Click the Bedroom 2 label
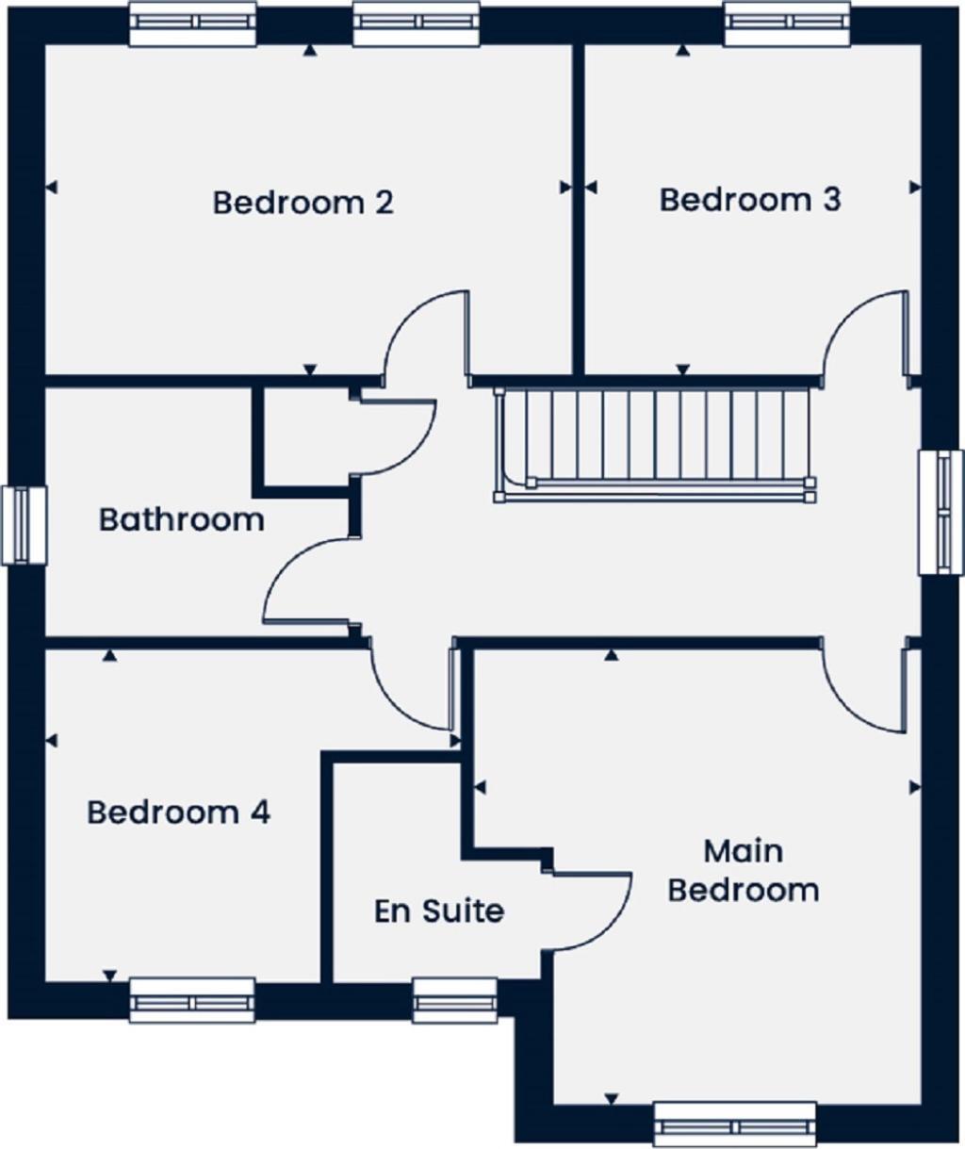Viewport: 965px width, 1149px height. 303,203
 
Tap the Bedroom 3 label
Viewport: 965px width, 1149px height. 749,200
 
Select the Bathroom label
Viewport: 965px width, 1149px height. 181,519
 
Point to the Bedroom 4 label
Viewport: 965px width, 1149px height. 178,812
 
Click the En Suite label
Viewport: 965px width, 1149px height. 439,911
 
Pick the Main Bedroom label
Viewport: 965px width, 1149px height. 743,871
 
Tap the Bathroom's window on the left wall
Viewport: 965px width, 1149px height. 24,525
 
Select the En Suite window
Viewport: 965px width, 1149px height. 455,1000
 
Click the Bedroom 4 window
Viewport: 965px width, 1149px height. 192,1000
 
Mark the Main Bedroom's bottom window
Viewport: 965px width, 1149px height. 734,1124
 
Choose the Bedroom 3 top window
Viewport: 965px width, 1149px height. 788,24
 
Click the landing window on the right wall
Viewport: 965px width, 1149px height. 941,512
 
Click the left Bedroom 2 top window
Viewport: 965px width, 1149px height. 192,24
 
